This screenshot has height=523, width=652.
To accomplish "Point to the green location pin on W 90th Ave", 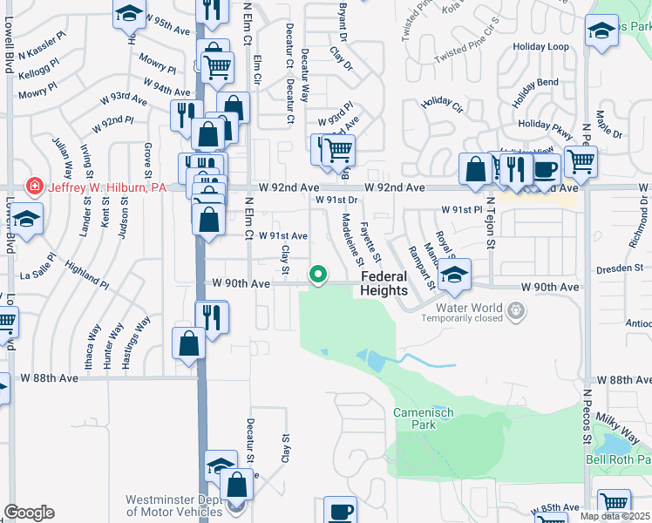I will tap(319, 275).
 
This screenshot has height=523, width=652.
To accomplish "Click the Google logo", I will tap(29, 513).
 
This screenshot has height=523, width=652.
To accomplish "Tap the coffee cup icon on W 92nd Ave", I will tap(546, 170).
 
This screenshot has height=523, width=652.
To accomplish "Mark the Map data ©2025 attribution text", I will tap(615, 516).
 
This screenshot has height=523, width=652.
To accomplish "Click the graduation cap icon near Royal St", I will tap(454, 275).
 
